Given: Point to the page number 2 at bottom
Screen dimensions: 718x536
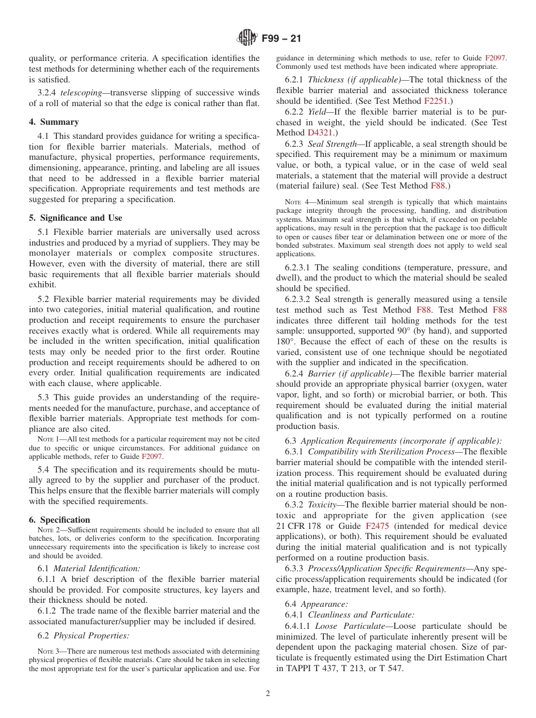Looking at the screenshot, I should coord(268,694).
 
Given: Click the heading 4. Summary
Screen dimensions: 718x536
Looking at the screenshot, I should coord(54,122).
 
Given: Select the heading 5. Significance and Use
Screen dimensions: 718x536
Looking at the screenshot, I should coord(75,218).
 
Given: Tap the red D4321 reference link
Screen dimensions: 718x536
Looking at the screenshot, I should coord(320,133).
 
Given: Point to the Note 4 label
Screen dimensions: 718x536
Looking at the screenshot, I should coord(296,202).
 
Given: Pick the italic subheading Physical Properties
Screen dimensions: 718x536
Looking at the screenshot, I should coord(91,636).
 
